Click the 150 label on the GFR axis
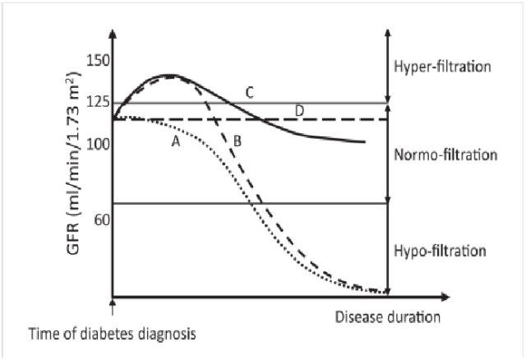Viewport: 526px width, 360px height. tap(99, 62)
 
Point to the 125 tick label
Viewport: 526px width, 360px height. tap(99, 102)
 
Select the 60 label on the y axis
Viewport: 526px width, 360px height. tap(102, 219)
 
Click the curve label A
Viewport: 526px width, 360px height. tap(175, 141)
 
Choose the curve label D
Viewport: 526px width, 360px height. tap(300, 110)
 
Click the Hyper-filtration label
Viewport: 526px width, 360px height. tap(442, 66)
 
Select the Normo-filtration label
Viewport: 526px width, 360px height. tap(444, 154)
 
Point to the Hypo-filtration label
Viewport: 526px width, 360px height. tap(442, 250)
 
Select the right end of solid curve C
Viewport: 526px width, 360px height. tap(364, 142)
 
